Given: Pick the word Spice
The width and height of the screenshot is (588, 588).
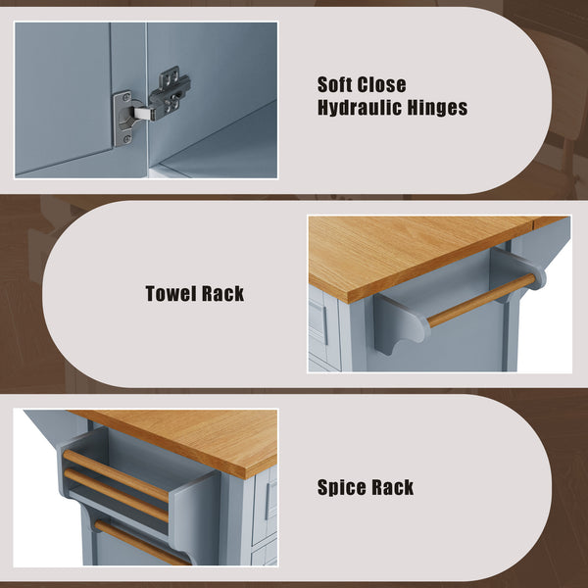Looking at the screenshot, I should click(344, 487).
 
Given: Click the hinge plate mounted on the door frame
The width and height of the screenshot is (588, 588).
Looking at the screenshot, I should click(122, 119).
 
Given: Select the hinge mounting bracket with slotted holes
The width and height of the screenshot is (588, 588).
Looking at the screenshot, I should click(171, 93).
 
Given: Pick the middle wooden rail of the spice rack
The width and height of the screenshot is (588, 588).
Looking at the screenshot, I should click(117, 495).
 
